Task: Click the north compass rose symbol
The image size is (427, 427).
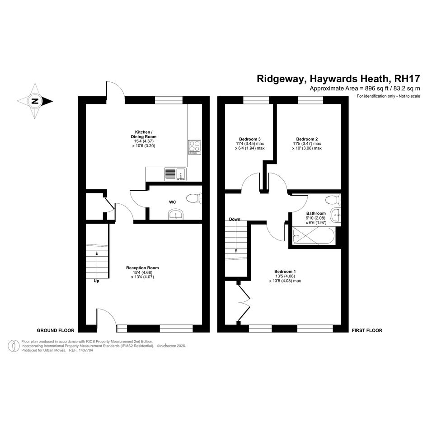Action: point(34,101)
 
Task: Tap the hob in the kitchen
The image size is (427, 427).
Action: point(195,147)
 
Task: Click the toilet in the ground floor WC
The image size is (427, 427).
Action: point(196,197)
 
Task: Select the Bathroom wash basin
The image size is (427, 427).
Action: point(335,216)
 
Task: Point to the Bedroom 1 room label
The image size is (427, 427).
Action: point(285,271)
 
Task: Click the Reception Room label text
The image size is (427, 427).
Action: point(142,267)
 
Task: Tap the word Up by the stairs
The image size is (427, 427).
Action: point(96,281)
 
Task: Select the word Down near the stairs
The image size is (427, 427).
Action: point(235,219)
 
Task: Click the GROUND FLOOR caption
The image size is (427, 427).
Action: point(56,330)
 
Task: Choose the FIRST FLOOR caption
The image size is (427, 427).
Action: point(367,330)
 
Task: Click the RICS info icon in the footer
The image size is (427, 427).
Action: point(14,345)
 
